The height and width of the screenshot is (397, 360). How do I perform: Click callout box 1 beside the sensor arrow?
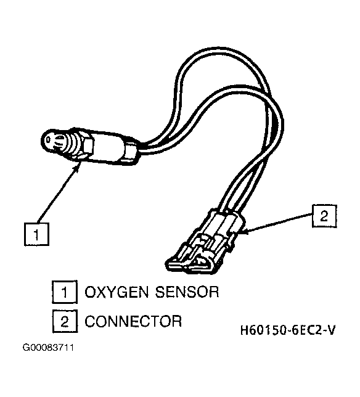tap(36, 234)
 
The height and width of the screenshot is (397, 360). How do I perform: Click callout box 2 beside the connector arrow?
tap(324, 216)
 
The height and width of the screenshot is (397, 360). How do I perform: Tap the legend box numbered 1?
tap(65, 292)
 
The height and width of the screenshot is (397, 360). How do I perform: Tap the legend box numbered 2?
tap(65, 321)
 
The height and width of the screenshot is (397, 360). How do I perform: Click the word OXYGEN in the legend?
tap(117, 292)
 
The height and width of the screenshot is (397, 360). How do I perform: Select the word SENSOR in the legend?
tap(187, 292)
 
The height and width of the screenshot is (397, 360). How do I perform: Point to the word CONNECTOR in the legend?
tap(133, 321)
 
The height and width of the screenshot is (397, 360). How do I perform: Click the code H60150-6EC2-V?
tap(288, 330)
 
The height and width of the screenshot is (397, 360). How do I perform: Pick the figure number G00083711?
tap(48, 348)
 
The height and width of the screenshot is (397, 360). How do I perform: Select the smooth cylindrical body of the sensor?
tap(109, 148)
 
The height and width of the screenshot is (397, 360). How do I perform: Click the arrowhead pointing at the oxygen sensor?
tap(78, 166)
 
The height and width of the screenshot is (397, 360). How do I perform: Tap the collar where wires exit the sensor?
tap(131, 152)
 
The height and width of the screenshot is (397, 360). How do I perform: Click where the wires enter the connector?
tap(227, 211)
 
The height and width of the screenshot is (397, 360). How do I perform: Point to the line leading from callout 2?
tap(280, 223)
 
